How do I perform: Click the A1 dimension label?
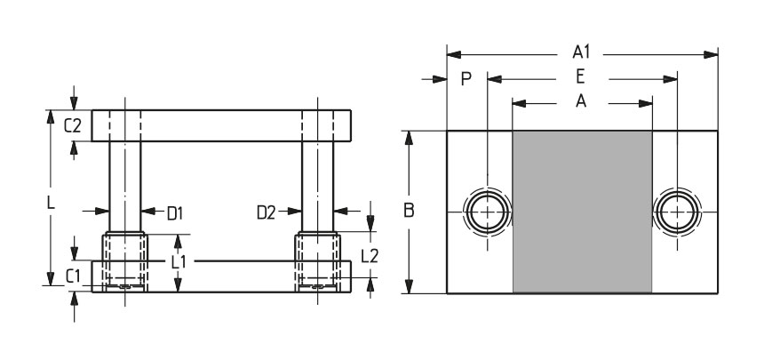581,52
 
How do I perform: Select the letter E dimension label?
580,76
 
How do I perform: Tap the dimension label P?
466,78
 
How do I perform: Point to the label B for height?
409,211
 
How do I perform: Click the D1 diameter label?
175,213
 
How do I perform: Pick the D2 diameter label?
266,212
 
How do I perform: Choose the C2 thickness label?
73,126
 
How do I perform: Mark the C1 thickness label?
73,277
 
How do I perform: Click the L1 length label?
179,262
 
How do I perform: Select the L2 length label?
370,256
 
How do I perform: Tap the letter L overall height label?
51,203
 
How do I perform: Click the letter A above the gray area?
581,101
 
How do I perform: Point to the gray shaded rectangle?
582,212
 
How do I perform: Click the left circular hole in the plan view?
487,212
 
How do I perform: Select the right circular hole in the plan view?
677,212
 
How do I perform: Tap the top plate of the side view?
221,126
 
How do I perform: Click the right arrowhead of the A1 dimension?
711,54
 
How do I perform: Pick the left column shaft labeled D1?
124,187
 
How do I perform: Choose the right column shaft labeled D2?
318,187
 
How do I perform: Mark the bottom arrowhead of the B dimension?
409,286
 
